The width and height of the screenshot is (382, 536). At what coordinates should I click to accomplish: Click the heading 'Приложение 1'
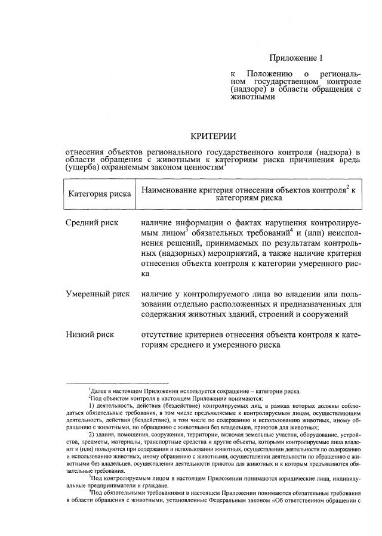coord(295,58)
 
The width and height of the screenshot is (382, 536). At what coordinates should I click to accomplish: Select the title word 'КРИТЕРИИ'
coord(214,137)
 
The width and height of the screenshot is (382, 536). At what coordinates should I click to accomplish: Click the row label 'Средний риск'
coord(92,223)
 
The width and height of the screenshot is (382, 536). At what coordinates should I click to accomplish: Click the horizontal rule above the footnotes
coord(117,385)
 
